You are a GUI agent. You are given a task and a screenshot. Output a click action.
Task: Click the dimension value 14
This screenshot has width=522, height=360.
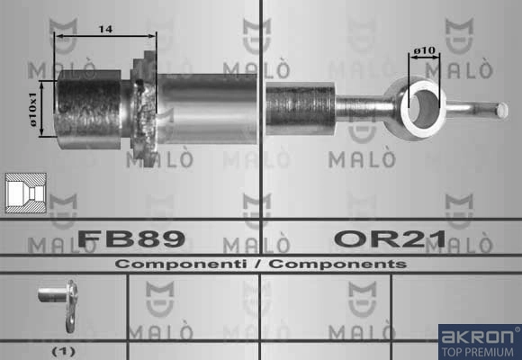[x=105, y=29]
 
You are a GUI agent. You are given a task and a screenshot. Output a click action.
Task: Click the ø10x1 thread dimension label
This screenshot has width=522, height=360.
[x=33, y=109]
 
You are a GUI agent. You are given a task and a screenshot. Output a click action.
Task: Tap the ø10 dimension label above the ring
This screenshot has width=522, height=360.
[x=425, y=50]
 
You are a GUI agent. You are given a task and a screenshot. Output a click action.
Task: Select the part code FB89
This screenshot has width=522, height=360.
[x=131, y=238]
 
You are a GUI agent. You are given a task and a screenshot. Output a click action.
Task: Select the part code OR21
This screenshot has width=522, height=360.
[x=390, y=238]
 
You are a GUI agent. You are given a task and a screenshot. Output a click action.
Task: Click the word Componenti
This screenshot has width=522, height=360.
[x=181, y=265]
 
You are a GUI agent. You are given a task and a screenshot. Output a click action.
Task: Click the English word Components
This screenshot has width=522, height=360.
[x=337, y=265]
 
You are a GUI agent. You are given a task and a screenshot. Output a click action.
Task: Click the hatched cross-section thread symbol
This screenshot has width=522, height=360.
[x=26, y=193]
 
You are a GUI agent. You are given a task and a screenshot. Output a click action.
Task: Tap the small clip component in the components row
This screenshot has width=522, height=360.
[x=59, y=305]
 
